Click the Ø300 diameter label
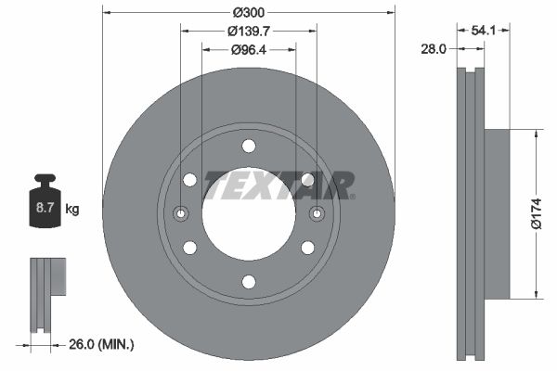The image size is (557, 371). [249, 13]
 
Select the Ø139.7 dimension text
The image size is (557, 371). [249, 32]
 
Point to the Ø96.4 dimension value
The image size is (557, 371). [249, 50]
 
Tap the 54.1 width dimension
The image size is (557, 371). [483, 31]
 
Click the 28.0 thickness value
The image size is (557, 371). [434, 48]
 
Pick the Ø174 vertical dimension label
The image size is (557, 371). [537, 213]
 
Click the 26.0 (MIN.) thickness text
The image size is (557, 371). [101, 344]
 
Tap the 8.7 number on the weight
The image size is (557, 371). [45, 208]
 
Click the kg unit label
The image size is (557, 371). [72, 209]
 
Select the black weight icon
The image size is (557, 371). [45, 200]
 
